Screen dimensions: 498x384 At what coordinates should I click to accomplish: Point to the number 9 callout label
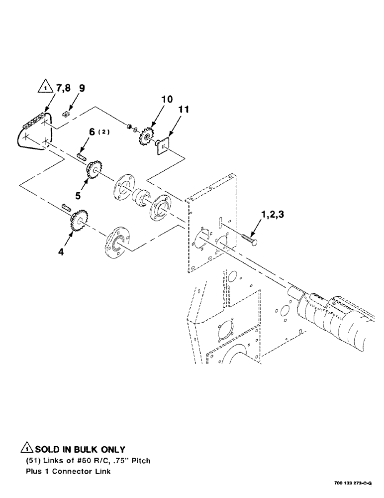pos(82,89)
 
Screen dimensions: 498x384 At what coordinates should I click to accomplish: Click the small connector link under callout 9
pos(68,114)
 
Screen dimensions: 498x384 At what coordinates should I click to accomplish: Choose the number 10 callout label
pos(167,100)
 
